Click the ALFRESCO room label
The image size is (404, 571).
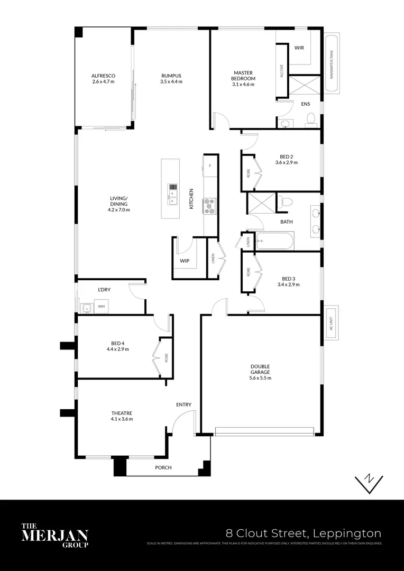pyautogui.click(x=103, y=76)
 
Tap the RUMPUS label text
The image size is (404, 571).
pyautogui.click(x=171, y=76)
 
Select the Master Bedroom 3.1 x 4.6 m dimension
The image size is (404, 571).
pyautogui.click(x=243, y=84)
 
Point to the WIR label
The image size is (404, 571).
pyautogui.click(x=299, y=48)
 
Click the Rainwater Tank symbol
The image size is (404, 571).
pyautogui.click(x=332, y=64)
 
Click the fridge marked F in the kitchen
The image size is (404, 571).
pyautogui.click(x=210, y=166)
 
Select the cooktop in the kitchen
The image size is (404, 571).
pyautogui.click(x=210, y=205)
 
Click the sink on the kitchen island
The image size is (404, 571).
pyautogui.click(x=172, y=194)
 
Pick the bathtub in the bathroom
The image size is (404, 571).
pyautogui.click(x=274, y=242)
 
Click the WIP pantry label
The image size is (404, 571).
pyautogui.click(x=185, y=261)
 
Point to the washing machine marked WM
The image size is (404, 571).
pyautogui.click(x=101, y=306)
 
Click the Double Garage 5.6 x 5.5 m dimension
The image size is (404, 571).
pyautogui.click(x=260, y=378)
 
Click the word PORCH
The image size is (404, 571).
pyautogui.click(x=163, y=468)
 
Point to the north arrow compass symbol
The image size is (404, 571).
pyautogui.click(x=369, y=481)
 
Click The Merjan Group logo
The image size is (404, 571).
pyautogui.click(x=54, y=535)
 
